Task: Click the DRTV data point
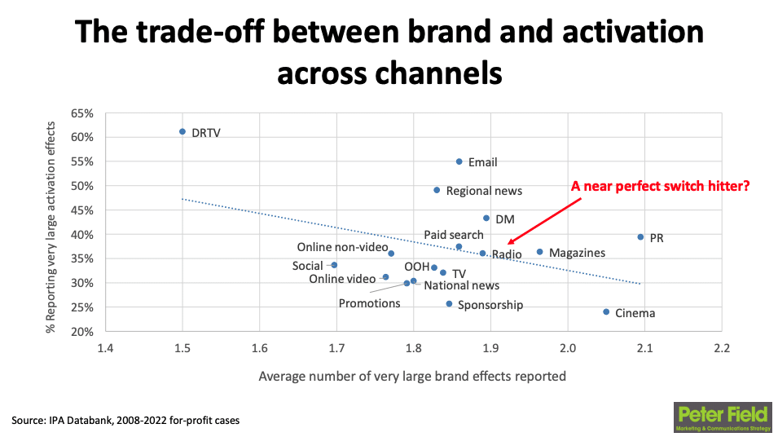(x=182, y=131)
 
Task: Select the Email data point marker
(x=459, y=161)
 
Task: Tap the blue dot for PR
(x=640, y=237)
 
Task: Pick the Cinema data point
(x=606, y=311)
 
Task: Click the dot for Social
(x=334, y=265)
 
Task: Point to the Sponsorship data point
(x=449, y=304)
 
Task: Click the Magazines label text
(x=577, y=253)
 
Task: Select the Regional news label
(x=484, y=191)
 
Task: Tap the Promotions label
(x=369, y=303)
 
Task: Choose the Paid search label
(x=453, y=235)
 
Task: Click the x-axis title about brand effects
(x=412, y=377)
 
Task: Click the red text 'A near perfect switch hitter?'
(x=660, y=186)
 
